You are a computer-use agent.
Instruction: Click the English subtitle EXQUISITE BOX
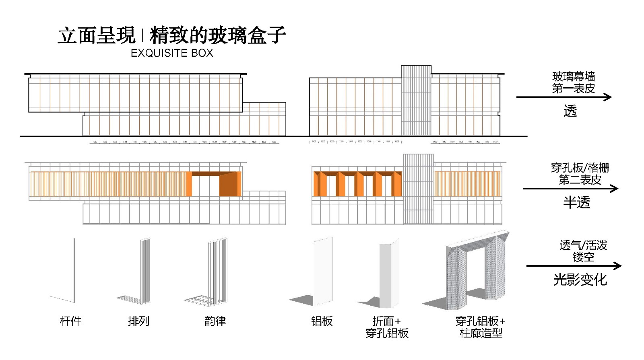tap(172, 53)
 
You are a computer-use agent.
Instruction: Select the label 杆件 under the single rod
tap(70, 321)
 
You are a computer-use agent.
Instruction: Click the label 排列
tap(139, 321)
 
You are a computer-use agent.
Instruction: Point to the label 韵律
tap(215, 321)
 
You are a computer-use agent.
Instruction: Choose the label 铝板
tap(322, 321)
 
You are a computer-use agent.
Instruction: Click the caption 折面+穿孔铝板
tap(387, 327)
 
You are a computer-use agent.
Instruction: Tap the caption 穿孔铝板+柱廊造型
tap(481, 327)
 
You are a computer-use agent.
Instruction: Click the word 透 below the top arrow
tap(570, 111)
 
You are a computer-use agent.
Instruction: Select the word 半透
tap(576, 202)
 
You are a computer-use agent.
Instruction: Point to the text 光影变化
tap(580, 280)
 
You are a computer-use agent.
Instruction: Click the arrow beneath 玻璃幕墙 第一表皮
tap(563, 97)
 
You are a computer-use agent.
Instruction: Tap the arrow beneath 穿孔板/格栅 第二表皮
tap(570, 188)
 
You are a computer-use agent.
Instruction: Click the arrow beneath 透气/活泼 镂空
tap(574, 265)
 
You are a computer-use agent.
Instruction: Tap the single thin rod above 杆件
tap(74, 269)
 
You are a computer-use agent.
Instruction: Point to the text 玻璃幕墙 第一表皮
tap(574, 82)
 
